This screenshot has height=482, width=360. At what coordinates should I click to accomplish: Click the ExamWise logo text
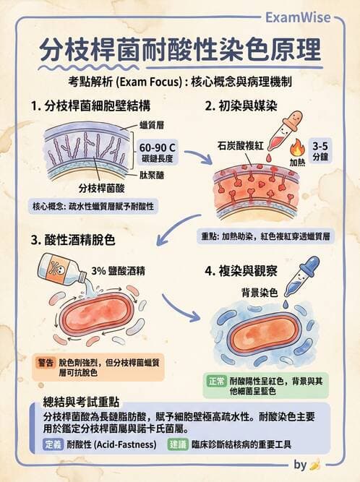(298, 17)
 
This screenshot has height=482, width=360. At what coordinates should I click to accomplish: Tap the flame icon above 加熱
(296, 147)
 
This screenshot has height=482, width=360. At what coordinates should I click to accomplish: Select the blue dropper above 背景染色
(301, 276)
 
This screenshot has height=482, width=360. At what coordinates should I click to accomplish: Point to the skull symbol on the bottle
(59, 268)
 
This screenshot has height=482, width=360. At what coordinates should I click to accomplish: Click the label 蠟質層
(152, 125)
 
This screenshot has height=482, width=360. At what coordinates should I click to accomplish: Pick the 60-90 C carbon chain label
(157, 152)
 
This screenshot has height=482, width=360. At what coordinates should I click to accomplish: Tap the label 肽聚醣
(152, 176)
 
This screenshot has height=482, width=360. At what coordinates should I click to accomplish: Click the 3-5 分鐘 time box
(320, 150)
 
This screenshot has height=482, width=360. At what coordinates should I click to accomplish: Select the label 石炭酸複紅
(241, 146)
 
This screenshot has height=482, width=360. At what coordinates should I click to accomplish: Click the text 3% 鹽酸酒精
(118, 271)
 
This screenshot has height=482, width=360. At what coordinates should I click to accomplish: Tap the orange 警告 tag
(46, 363)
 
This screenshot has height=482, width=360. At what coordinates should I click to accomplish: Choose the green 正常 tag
(217, 381)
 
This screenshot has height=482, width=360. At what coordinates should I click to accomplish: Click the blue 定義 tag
(53, 444)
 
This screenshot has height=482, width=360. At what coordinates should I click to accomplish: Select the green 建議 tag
(178, 444)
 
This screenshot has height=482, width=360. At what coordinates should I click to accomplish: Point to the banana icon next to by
(315, 465)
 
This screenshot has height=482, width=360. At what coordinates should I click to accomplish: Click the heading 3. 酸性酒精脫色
(73, 240)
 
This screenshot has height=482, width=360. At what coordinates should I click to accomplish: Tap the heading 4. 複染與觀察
(241, 271)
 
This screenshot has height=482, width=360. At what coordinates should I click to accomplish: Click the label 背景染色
(260, 293)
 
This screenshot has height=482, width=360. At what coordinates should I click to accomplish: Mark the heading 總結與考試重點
(81, 402)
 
